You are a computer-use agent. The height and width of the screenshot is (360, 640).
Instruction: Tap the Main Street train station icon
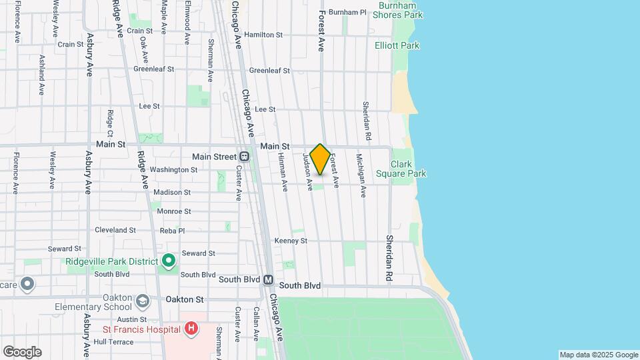(x=245, y=157)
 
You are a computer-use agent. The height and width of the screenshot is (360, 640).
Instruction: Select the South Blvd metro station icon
(x=269, y=280)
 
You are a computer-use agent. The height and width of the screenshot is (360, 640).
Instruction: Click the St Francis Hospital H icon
(x=191, y=328)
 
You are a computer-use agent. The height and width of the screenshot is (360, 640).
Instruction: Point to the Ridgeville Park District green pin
(x=169, y=260)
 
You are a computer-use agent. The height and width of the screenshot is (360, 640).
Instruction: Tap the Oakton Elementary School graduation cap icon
(x=142, y=301)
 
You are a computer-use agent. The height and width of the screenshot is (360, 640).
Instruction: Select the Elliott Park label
(x=397, y=45)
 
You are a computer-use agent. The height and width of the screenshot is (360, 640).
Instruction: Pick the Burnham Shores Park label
(x=401, y=9)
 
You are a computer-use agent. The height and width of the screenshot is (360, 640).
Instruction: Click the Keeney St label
(x=291, y=241)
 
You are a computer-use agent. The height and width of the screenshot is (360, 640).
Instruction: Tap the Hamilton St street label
(x=263, y=35)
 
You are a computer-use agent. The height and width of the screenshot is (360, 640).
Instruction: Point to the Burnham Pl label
(x=347, y=13)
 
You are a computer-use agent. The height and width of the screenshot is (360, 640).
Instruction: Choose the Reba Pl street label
(x=173, y=230)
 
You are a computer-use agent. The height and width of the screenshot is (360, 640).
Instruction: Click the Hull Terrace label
(x=113, y=342)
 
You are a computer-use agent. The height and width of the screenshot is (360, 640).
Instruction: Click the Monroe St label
(x=174, y=211)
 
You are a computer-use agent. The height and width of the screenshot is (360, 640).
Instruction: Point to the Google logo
(x=22, y=351)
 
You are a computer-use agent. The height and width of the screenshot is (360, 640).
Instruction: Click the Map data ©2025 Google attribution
(x=598, y=355)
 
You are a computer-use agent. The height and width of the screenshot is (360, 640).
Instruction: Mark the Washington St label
(x=173, y=170)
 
